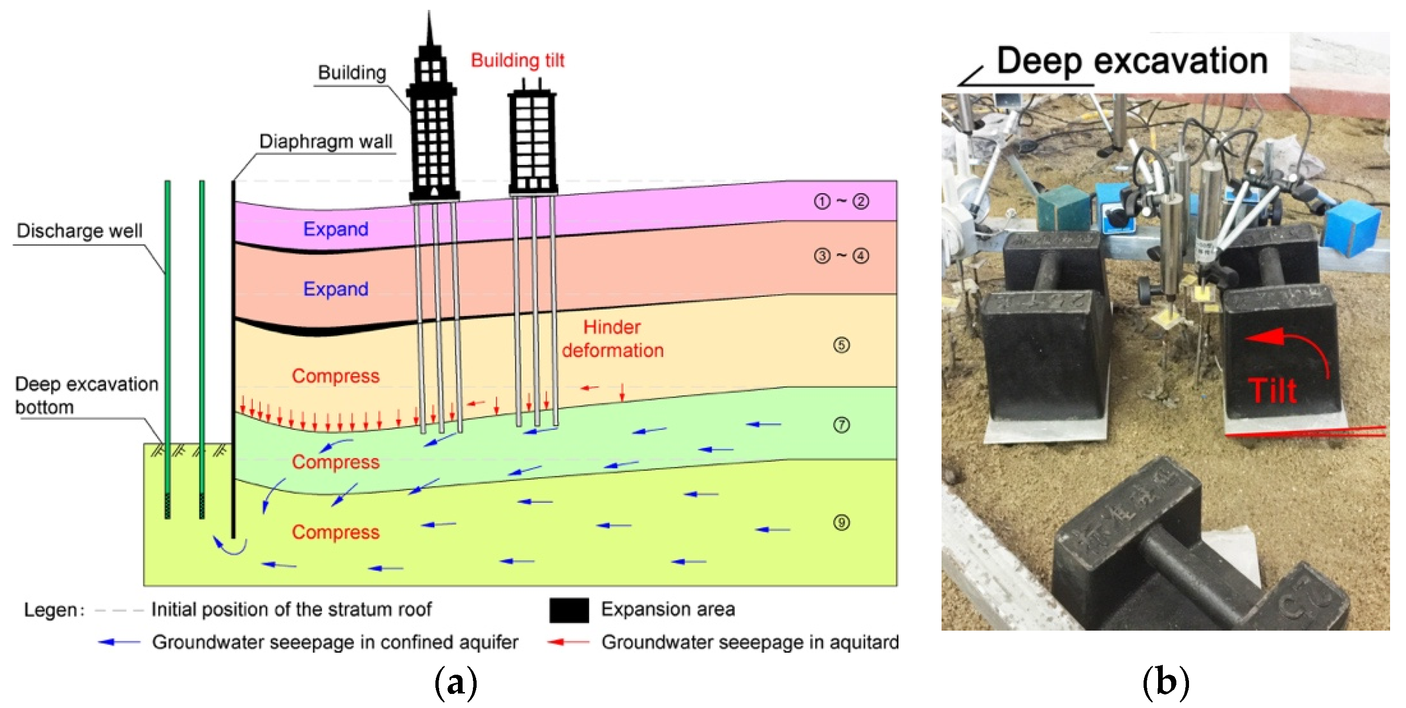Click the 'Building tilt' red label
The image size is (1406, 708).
[x=517, y=60]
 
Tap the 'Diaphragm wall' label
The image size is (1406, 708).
[x=325, y=142]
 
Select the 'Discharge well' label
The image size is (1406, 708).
[x=79, y=230]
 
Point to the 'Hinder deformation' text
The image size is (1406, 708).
[x=613, y=339]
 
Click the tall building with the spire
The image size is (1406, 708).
[x=432, y=120]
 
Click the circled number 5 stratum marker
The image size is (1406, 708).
[x=841, y=345]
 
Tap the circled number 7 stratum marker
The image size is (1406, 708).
[x=841, y=425]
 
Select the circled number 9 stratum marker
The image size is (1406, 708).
[x=841, y=523]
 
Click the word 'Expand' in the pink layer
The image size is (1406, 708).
[x=336, y=229]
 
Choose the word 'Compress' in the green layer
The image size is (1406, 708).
[x=336, y=462]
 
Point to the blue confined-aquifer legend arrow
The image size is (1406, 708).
[x=119, y=642]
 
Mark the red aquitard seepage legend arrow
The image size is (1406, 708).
[x=568, y=642]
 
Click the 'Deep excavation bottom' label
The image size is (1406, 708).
[x=86, y=395]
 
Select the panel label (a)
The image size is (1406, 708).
[x=455, y=682]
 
